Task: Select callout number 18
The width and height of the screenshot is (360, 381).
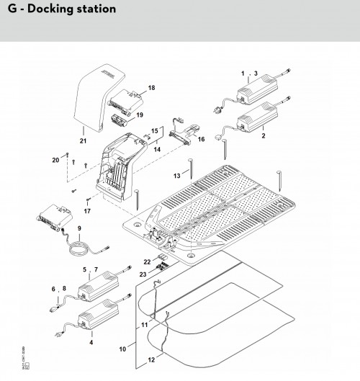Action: pos(151,87)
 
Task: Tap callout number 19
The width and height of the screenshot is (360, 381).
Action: pos(140,114)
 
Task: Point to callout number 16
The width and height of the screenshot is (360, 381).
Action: pos(201,139)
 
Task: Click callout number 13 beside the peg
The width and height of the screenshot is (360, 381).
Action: pos(176,175)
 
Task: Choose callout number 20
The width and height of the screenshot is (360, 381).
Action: pos(55,159)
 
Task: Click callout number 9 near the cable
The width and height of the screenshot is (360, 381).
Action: pos(78,229)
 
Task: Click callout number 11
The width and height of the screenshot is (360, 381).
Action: pos(145,326)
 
